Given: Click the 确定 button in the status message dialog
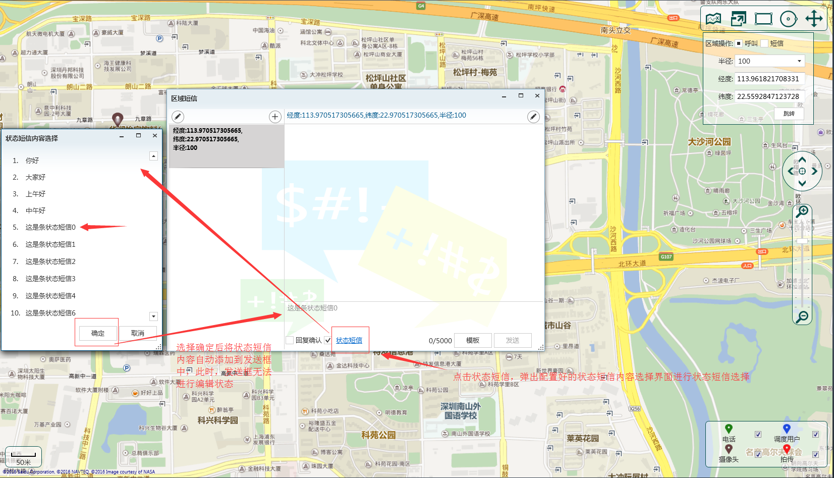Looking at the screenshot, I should click(x=98, y=333).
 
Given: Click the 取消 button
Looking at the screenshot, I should click(x=137, y=333).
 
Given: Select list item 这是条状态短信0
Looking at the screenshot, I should click(x=50, y=227).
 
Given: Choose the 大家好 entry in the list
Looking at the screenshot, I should click(x=35, y=177).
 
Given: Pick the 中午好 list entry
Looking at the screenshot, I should click(x=35, y=210).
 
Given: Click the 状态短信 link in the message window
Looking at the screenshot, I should click(x=349, y=340).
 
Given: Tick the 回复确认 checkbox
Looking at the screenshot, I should click(x=290, y=340).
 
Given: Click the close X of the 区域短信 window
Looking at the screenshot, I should click(x=537, y=96).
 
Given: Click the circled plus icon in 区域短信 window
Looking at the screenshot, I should click(x=275, y=117).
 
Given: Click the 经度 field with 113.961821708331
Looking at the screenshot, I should click(x=769, y=79).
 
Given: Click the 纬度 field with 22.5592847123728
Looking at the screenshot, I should click(x=769, y=96).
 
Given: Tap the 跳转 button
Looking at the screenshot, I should click(x=789, y=114).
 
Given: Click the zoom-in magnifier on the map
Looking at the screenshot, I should click(x=802, y=211).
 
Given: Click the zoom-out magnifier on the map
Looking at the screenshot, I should click(x=802, y=317).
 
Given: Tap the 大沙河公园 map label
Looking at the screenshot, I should click(x=709, y=142).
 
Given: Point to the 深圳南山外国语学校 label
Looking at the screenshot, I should click(x=460, y=411).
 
